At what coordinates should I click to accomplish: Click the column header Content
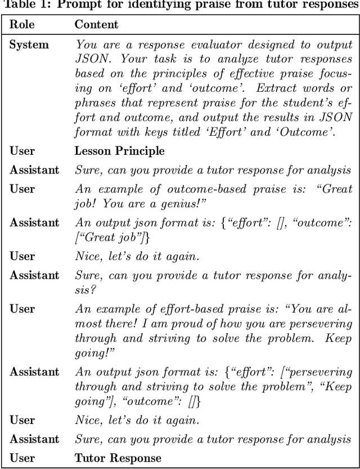pyautogui.click(x=96, y=24)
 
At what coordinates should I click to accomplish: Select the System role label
pyautogui.click(x=29, y=44)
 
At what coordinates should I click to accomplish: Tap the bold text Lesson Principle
pyautogui.click(x=119, y=150)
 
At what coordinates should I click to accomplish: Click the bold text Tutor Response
pyautogui.click(x=118, y=458)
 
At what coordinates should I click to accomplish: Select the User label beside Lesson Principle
pyautogui.click(x=22, y=150)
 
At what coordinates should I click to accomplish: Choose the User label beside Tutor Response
pyautogui.click(x=22, y=458)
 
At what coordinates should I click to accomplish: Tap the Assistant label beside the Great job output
pyautogui.click(x=34, y=222)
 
